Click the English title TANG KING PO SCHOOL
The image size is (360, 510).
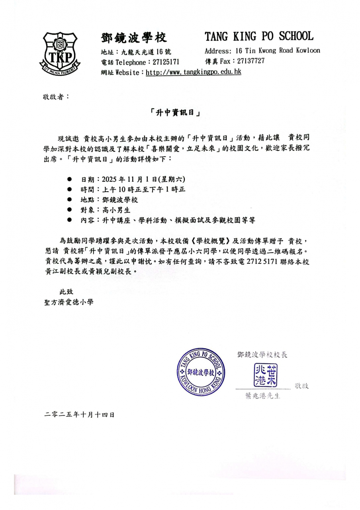(x=259, y=37)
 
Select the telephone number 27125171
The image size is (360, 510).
(x=164, y=62)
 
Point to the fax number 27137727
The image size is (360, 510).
(x=251, y=61)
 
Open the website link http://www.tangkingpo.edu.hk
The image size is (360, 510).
(x=194, y=72)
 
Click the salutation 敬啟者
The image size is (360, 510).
(x=56, y=97)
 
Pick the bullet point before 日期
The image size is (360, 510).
(x=69, y=179)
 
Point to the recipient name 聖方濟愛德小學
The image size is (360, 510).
(x=68, y=302)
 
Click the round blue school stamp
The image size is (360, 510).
(x=201, y=371)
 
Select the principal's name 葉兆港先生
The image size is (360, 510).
(x=263, y=396)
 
